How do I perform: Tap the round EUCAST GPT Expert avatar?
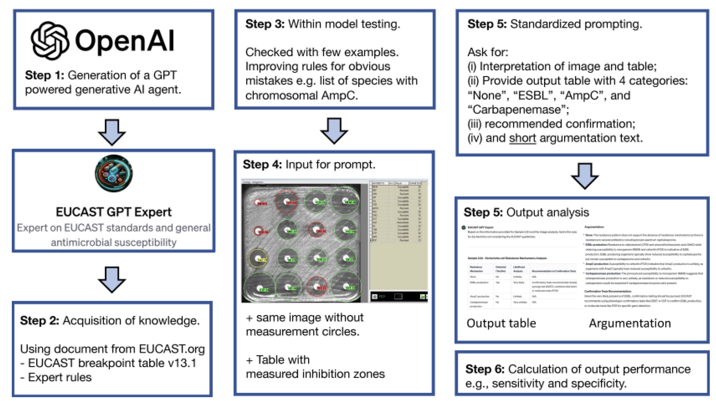click(114, 173)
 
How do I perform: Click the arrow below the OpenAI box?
click(112, 132)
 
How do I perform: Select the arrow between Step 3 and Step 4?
click(334, 130)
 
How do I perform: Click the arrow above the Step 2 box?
click(112, 279)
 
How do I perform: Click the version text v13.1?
click(182, 363)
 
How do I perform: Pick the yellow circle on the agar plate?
click(258, 258)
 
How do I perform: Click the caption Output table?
click(501, 323)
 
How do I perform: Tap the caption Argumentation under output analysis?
click(630, 323)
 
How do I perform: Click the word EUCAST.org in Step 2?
click(172, 349)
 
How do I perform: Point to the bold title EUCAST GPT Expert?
click(113, 212)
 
